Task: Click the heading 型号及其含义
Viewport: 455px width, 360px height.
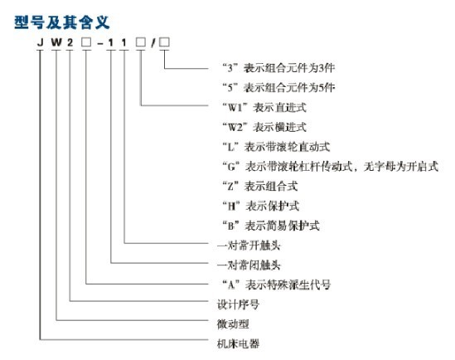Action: [x=62, y=22]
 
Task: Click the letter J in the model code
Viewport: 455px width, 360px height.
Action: [x=41, y=42]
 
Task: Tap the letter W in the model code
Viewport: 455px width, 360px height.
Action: [x=56, y=42]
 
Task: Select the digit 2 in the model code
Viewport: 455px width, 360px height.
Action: [x=70, y=42]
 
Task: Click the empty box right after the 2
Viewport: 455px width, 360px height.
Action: [x=86, y=42]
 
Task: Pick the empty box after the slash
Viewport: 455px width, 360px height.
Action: [x=164, y=42]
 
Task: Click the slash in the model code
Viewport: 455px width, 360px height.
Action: [x=153, y=43]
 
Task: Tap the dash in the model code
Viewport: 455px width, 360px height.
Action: [x=100, y=43]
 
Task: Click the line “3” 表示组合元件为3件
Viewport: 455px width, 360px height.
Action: [x=278, y=68]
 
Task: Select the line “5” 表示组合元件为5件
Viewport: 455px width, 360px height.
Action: [x=278, y=87]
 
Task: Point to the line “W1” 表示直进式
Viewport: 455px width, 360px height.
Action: [x=264, y=108]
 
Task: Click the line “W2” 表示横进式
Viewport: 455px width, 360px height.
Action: [x=264, y=127]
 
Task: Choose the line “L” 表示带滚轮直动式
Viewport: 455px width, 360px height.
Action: [x=276, y=147]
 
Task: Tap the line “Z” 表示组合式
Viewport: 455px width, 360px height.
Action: [x=260, y=186]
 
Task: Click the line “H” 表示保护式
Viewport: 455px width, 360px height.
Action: [x=260, y=206]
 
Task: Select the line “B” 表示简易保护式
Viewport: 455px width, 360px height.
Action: [x=271, y=226]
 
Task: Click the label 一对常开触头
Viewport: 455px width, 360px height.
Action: [x=249, y=246]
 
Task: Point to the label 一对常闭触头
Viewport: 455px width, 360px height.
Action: [x=249, y=265]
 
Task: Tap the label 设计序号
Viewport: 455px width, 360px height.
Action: [x=238, y=304]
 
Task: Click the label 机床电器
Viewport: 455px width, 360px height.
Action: [x=238, y=343]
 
